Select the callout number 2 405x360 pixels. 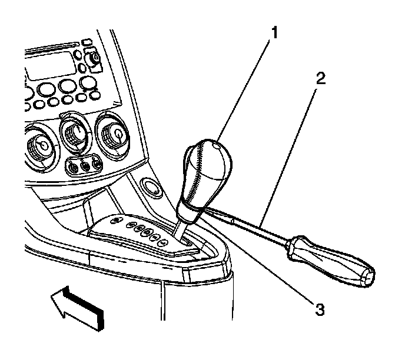tap(319, 79)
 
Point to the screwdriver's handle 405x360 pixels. tap(330, 258)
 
